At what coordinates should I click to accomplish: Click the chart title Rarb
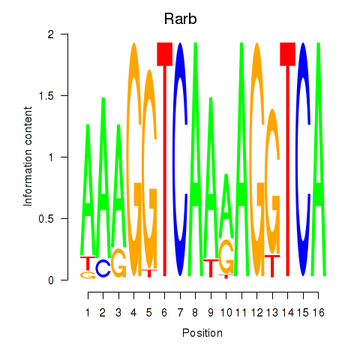(180, 19)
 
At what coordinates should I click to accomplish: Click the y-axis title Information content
(28, 157)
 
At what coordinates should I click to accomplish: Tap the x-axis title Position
(202, 333)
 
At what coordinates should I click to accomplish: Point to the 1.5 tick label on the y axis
(46, 95)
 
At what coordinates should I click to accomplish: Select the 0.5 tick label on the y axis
(46, 218)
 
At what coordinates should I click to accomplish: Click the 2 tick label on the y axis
(51, 34)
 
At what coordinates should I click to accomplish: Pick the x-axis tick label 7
(180, 313)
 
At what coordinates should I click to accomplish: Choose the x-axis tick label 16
(318, 313)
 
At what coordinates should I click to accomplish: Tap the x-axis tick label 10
(226, 313)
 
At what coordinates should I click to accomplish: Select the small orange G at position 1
(88, 275)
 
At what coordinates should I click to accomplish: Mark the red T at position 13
(272, 266)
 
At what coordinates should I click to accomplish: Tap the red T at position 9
(211, 268)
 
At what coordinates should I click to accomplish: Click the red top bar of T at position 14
(288, 54)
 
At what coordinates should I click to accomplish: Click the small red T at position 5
(149, 273)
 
